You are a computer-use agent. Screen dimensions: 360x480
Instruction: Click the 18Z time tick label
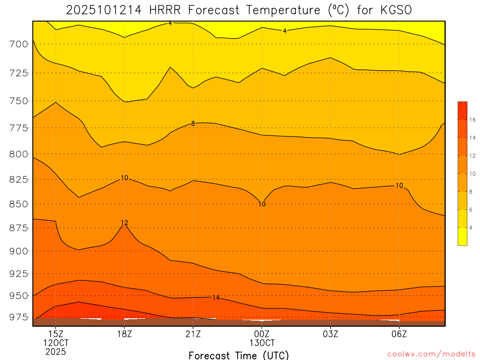coord(124,334)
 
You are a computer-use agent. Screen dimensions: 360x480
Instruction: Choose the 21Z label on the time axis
coord(193,334)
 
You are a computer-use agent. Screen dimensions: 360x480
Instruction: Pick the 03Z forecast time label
coord(330,334)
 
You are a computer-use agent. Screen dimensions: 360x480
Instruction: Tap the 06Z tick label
coord(399,334)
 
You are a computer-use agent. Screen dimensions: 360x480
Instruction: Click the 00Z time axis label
coord(262,334)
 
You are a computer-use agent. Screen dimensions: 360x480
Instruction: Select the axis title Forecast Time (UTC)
coord(239,355)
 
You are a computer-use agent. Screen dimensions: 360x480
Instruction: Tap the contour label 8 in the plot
coord(193,124)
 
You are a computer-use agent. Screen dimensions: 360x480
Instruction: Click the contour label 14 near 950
coord(216,298)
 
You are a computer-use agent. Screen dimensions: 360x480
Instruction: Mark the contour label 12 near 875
coord(124,223)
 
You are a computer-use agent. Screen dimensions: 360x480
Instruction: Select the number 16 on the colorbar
coord(472,120)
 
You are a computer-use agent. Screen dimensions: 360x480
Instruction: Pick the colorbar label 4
coord(472,227)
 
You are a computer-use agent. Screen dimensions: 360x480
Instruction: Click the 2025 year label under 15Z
coord(56,351)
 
